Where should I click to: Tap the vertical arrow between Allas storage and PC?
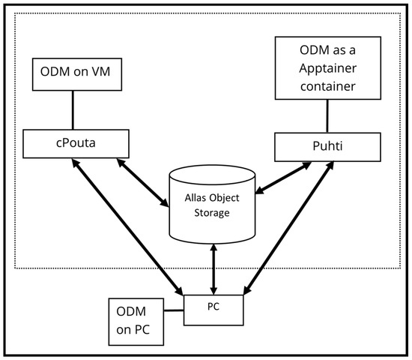[x=215, y=266]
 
